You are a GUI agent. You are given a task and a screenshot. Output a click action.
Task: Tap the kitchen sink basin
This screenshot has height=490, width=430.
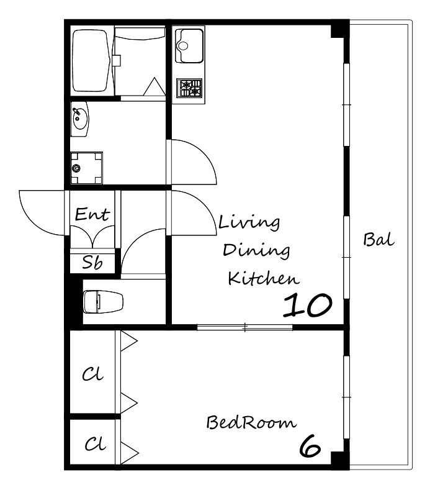point(189,45)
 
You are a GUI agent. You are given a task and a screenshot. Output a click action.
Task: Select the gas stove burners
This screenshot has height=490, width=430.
point(189,88)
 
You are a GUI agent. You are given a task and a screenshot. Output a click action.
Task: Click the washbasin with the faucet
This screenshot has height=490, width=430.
point(80,119)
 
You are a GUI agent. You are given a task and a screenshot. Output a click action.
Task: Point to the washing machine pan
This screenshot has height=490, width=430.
point(86,168)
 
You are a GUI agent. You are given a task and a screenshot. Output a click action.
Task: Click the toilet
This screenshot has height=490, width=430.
point(103,302)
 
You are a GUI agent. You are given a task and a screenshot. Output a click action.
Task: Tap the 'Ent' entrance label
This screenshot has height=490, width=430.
point(92,214)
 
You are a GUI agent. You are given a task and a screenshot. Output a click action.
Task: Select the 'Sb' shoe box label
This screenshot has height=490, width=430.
point(92,262)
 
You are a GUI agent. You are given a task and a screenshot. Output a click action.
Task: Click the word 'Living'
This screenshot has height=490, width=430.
point(249,223)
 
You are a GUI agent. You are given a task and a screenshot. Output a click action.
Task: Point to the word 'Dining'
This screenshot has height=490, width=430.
point(256,250)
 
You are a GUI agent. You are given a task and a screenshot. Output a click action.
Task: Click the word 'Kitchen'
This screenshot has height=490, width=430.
point(264,278)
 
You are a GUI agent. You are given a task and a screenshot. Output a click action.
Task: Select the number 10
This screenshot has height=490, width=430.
point(307,305)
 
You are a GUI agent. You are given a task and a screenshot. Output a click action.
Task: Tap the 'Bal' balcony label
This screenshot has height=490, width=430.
point(378,240)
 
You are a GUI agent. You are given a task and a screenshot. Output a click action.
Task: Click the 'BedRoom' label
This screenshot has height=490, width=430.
point(251,422)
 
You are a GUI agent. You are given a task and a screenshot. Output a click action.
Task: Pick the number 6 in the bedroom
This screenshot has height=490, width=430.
point(310,446)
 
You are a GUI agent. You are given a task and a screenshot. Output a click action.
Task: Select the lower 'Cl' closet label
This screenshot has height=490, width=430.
point(95,443)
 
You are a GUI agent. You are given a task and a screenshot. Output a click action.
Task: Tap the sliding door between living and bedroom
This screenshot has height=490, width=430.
point(245,327)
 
